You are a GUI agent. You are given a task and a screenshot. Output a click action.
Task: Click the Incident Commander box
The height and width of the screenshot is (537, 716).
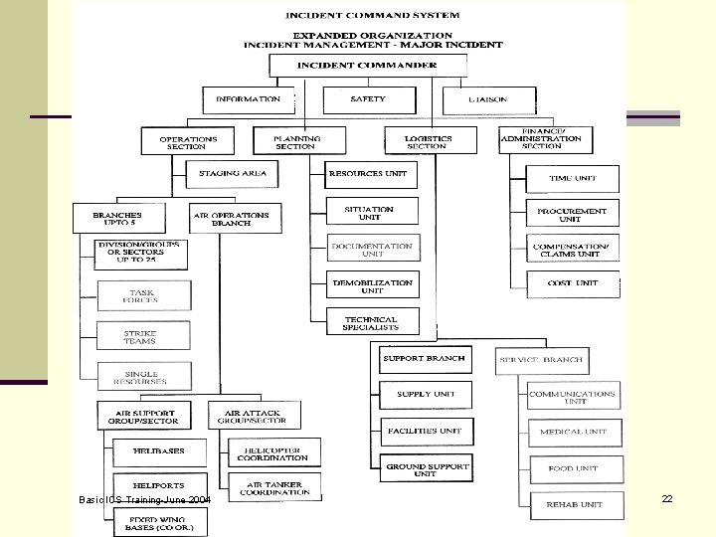(367, 66)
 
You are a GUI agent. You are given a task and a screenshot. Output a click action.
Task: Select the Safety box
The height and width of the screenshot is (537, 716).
(368, 99)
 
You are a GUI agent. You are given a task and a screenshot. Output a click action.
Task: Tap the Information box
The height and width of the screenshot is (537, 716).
(249, 99)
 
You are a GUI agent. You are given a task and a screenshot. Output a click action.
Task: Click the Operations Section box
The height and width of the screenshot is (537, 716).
(187, 141)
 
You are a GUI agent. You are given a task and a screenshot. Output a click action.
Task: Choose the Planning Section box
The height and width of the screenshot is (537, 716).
(295, 141)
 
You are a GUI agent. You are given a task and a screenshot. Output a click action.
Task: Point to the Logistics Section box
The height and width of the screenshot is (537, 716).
(427, 141)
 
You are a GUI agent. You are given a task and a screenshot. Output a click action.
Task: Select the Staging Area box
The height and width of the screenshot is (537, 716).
(233, 174)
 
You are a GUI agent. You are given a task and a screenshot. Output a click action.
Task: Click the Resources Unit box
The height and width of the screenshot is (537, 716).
(369, 174)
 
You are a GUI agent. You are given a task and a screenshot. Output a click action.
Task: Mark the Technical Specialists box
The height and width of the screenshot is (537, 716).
(373, 322)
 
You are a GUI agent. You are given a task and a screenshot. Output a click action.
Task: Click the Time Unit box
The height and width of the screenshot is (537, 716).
(573, 178)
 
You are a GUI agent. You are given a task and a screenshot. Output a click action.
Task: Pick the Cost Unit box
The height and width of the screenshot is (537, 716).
(573, 283)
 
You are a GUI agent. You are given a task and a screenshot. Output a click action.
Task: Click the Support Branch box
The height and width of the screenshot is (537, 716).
(425, 358)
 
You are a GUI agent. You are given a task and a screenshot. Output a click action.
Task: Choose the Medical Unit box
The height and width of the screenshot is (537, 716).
(574, 432)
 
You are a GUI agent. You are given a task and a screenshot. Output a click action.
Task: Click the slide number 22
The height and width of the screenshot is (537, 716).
(667, 498)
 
